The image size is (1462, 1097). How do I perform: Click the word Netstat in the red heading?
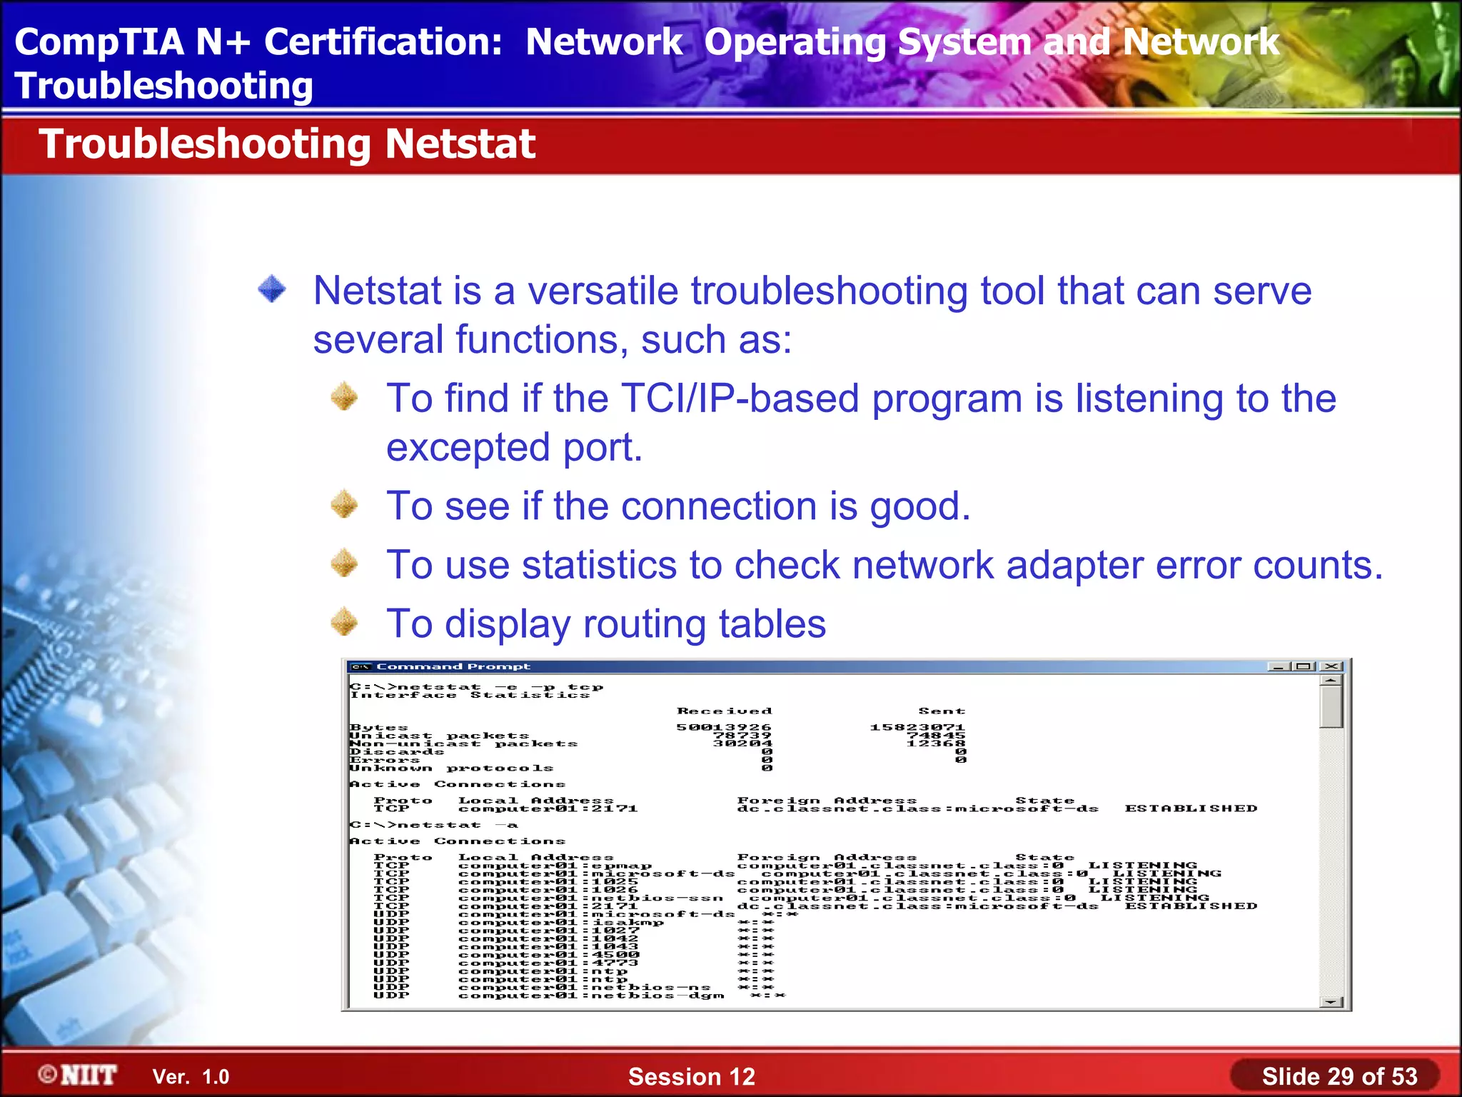(x=460, y=144)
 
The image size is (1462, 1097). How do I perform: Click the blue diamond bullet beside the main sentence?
(x=272, y=289)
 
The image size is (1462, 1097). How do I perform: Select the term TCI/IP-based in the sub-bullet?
(x=740, y=399)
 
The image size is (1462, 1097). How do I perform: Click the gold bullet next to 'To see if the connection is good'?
(x=344, y=505)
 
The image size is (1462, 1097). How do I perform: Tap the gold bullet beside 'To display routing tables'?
(x=344, y=622)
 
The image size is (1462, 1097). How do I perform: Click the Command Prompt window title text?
(x=453, y=667)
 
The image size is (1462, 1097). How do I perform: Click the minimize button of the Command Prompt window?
(x=1277, y=667)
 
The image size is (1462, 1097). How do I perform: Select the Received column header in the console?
(x=724, y=711)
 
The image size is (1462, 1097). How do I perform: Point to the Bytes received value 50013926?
(x=724, y=728)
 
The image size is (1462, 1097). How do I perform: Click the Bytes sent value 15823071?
(x=917, y=728)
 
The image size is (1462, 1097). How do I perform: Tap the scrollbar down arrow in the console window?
(x=1331, y=1002)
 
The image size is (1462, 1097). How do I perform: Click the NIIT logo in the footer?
(x=79, y=1075)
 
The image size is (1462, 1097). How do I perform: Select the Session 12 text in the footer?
(x=691, y=1076)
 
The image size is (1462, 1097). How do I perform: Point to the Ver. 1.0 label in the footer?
(x=191, y=1077)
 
